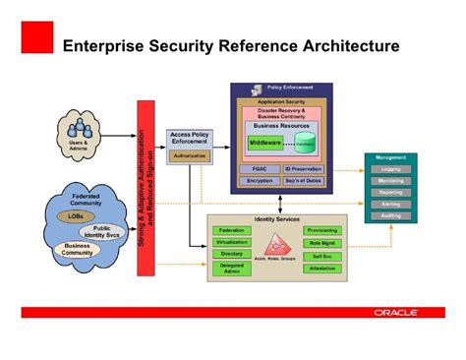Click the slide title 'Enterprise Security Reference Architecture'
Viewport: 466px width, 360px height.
(230, 45)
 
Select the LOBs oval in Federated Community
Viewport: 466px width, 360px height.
(76, 214)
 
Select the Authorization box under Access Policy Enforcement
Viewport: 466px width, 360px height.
(189, 155)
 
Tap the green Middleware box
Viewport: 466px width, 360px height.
(265, 143)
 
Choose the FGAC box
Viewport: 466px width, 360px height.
(260, 168)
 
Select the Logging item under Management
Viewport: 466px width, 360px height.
(390, 169)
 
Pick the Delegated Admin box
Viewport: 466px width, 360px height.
(232, 267)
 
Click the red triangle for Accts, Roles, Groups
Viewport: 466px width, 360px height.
(273, 246)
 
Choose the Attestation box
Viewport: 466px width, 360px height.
(321, 268)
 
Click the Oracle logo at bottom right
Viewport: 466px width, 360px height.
(395, 313)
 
